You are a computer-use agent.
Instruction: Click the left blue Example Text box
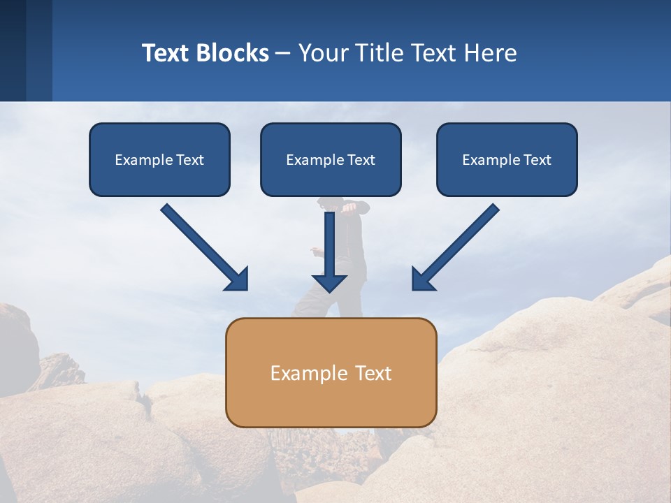click(x=159, y=159)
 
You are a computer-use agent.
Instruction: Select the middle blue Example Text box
click(x=331, y=159)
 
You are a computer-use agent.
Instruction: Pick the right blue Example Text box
click(x=507, y=159)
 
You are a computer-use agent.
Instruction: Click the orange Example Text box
click(x=331, y=372)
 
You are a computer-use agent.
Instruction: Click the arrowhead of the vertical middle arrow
click(x=329, y=283)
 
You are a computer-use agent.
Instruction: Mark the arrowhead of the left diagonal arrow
click(x=238, y=280)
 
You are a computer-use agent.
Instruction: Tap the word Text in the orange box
click(x=373, y=373)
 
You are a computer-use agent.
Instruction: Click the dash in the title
click(x=283, y=53)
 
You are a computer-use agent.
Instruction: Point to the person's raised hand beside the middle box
click(x=350, y=207)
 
